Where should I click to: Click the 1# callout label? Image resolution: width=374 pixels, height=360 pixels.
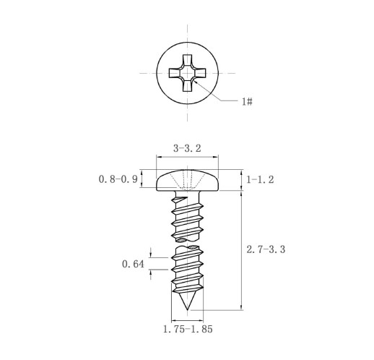[247, 102]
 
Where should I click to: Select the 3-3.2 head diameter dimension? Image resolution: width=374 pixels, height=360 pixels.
[187, 148]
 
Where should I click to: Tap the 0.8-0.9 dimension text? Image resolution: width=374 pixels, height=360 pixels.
[118, 179]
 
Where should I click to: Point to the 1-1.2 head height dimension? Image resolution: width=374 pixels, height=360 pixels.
[260, 179]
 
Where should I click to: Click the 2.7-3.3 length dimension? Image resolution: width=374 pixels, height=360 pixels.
[266, 249]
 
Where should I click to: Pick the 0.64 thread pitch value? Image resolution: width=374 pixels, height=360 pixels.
[133, 264]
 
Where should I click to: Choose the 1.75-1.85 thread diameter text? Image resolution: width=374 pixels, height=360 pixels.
[188, 329]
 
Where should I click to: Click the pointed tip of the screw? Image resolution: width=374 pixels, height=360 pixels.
[187, 309]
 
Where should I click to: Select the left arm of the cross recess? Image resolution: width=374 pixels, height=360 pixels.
[175, 73]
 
